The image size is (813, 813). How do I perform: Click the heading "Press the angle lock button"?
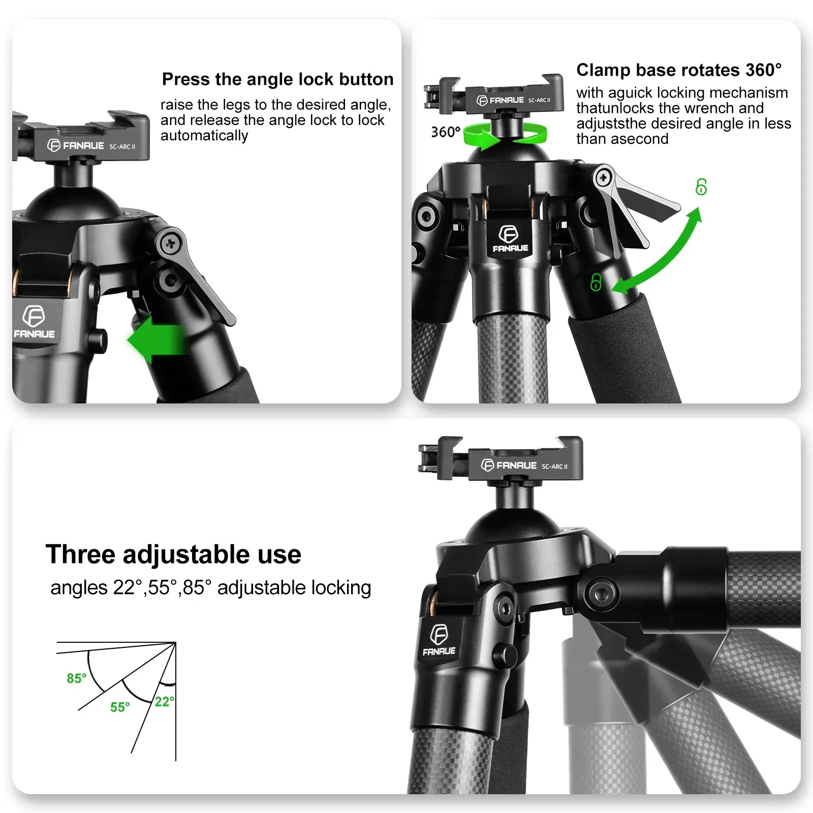[277, 79]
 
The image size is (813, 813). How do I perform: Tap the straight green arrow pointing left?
[155, 339]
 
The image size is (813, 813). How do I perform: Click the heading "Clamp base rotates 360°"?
[679, 70]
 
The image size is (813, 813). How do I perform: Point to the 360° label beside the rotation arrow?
[446, 132]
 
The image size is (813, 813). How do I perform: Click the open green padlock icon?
[701, 187]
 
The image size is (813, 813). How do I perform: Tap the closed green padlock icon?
[596, 283]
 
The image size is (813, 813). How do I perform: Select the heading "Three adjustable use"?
[173, 554]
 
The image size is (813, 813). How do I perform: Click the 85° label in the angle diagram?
[77, 678]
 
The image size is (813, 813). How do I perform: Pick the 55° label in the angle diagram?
[120, 707]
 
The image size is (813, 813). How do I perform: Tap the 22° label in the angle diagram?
[165, 702]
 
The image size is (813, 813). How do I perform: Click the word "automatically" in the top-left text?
[204, 136]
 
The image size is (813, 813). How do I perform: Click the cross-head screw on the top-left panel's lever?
[170, 244]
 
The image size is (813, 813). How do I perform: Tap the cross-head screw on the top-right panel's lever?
[604, 178]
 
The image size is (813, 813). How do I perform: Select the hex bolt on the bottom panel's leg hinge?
[601, 593]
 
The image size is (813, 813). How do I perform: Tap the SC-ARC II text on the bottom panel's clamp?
[554, 466]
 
